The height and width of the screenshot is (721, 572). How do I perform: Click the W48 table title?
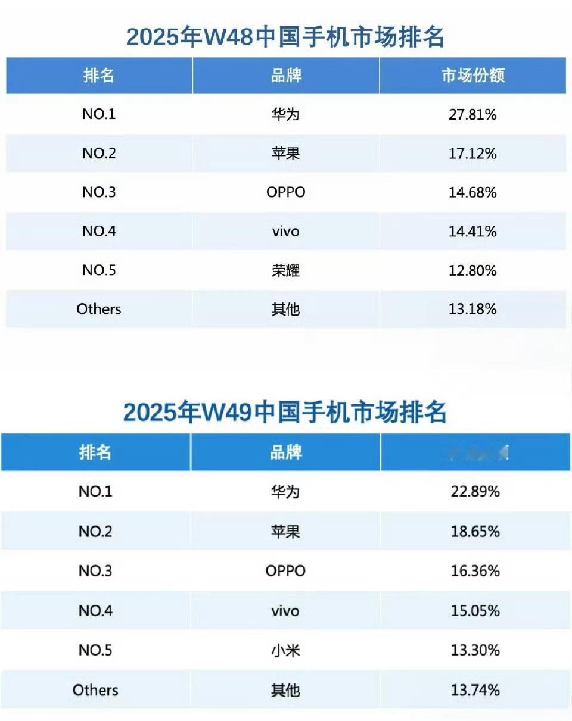click(285, 38)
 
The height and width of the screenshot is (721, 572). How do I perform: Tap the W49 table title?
click(285, 412)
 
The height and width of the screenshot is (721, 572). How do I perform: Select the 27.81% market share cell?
click(472, 114)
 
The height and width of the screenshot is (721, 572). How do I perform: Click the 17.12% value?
click(472, 154)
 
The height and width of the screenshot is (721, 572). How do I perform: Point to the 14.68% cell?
click(472, 193)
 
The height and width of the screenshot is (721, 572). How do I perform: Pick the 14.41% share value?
click(472, 232)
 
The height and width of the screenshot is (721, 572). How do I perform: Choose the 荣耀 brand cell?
click(285, 271)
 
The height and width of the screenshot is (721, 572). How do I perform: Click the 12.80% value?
click(472, 271)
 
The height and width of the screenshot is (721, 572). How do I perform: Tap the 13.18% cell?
click(472, 310)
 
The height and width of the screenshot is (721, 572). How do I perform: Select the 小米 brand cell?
click(285, 651)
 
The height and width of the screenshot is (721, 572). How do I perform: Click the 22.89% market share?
click(475, 492)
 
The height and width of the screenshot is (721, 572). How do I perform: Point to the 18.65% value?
click(475, 532)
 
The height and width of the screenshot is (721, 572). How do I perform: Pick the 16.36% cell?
click(475, 571)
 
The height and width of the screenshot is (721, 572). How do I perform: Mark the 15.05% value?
click(475, 611)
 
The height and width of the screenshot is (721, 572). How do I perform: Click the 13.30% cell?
click(475, 651)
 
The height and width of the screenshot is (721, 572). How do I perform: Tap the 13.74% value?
click(475, 690)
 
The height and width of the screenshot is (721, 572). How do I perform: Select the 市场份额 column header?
click(472, 76)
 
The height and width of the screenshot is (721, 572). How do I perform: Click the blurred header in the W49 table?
click(475, 452)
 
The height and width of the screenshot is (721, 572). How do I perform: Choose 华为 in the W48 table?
click(285, 114)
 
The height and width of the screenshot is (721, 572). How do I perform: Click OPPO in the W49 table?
click(285, 571)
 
